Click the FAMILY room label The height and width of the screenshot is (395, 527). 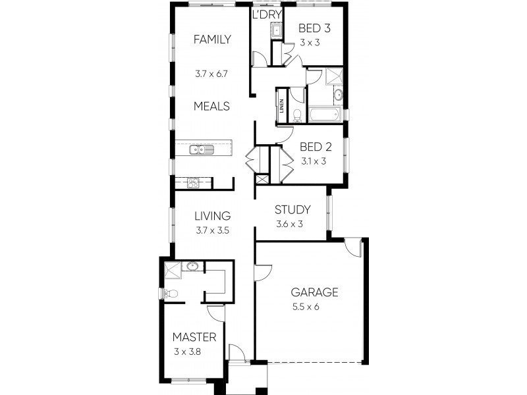[211, 39]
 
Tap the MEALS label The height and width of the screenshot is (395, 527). [211, 106]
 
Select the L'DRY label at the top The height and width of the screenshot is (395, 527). [267, 14]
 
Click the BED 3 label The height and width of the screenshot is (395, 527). [314, 28]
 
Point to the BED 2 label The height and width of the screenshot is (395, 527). [314, 147]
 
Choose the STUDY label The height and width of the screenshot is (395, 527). [292, 211]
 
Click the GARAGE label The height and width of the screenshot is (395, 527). [315, 292]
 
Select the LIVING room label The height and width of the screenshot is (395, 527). [211, 216]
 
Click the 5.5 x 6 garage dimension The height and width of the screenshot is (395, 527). [306, 307]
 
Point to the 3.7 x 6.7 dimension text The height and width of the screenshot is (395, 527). [211, 74]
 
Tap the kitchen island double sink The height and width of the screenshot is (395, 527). [202, 149]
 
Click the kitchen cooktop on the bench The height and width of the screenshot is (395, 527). [193, 182]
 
